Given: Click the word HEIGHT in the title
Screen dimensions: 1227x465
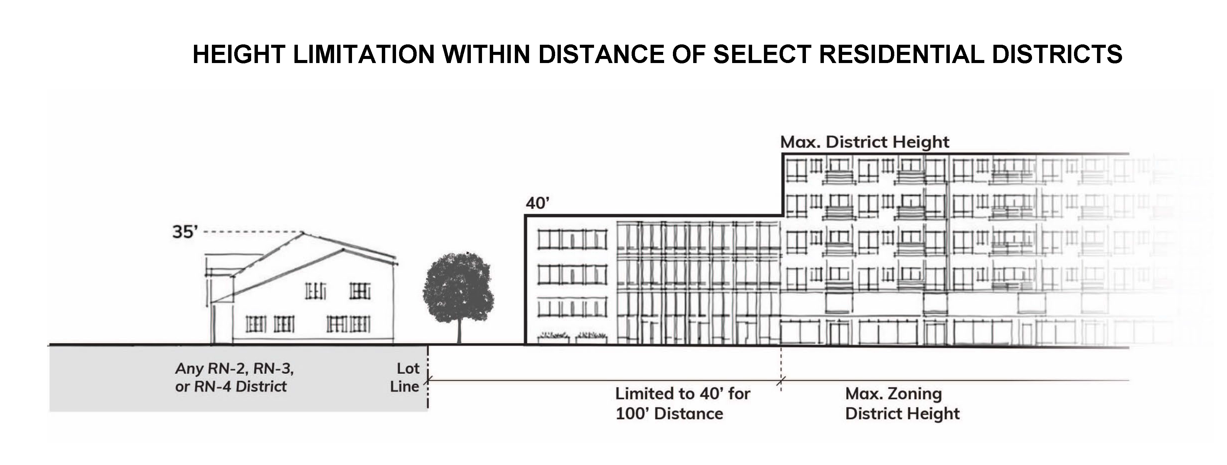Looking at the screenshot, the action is pos(239,54).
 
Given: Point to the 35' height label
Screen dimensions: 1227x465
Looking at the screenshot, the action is pos(184,232).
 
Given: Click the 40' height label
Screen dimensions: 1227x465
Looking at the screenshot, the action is pos(537,204).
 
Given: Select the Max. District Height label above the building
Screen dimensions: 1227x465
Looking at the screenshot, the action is pos(864,142).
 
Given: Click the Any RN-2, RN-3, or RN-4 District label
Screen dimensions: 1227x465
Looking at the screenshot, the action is pos(234,377).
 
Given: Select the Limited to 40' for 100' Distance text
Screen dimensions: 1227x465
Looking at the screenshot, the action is pos(682,403).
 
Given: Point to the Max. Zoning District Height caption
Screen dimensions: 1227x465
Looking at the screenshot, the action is pos(902,403).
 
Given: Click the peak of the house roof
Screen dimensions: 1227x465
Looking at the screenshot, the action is pos(303,233).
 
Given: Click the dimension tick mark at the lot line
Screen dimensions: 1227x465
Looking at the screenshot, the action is pos(428,380).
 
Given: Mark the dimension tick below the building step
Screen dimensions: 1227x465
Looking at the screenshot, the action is pos(781,380).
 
